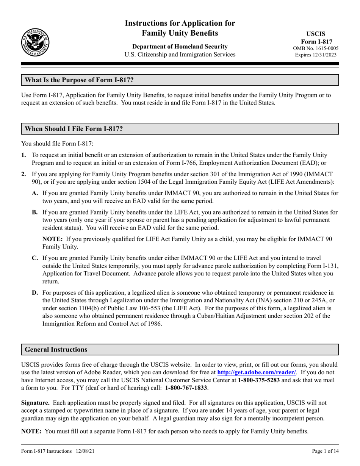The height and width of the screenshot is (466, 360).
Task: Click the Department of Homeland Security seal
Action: [35, 42]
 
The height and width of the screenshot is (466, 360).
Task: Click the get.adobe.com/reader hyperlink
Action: [256, 372]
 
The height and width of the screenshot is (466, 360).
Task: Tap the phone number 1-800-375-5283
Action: [259, 380]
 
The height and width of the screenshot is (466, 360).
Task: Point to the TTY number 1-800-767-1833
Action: [186, 388]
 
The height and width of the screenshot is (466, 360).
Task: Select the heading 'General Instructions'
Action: [56, 349]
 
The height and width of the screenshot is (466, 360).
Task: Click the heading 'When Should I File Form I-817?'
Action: [74, 129]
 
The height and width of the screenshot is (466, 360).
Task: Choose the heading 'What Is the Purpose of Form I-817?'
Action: [79, 80]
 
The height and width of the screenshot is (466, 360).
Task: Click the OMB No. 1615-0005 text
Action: [316, 48]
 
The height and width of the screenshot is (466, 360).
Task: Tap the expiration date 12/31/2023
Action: [325, 55]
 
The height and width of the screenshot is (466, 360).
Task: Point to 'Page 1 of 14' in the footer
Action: [325, 451]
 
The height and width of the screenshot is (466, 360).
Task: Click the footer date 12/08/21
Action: [85, 451]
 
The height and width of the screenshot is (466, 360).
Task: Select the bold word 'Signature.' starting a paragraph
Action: [35, 402]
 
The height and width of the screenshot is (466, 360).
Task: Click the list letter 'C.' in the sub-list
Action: [35, 258]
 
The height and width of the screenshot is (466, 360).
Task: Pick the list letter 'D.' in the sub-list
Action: [35, 292]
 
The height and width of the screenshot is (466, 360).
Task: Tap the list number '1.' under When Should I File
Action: [24, 155]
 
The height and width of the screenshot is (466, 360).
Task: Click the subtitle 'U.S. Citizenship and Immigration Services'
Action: [180, 55]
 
